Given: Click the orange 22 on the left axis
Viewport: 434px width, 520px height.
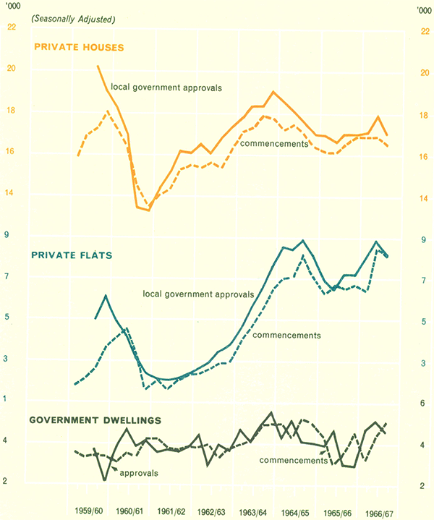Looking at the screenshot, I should point(11,28).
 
